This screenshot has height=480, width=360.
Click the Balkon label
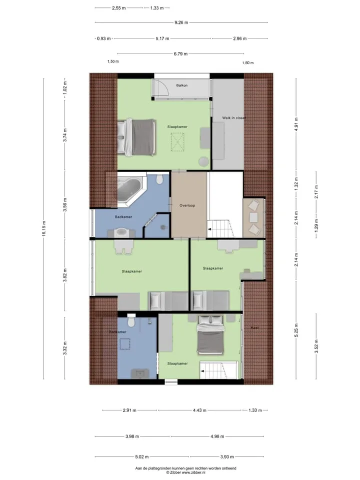[x=182, y=85]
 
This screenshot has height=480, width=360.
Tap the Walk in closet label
[x=234, y=118]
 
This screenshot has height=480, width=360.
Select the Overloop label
[x=187, y=205]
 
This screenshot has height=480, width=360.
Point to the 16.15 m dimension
[x=44, y=228]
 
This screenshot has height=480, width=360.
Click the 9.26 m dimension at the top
[x=181, y=22]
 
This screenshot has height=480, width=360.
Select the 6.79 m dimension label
[x=180, y=54]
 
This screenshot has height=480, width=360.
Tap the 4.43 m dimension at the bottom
[x=199, y=410]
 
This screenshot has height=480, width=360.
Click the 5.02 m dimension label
[x=141, y=456]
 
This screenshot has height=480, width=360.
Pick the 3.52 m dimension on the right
[x=316, y=346]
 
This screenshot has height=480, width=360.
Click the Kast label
[x=254, y=327]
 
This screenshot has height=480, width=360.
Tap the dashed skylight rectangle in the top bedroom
[x=177, y=141]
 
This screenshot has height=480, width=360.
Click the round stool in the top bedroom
[x=203, y=161]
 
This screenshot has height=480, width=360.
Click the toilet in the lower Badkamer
[x=131, y=320]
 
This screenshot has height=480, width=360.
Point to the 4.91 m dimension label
[x=296, y=123]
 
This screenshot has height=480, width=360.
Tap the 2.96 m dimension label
[x=239, y=38]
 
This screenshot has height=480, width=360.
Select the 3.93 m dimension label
[x=227, y=456]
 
